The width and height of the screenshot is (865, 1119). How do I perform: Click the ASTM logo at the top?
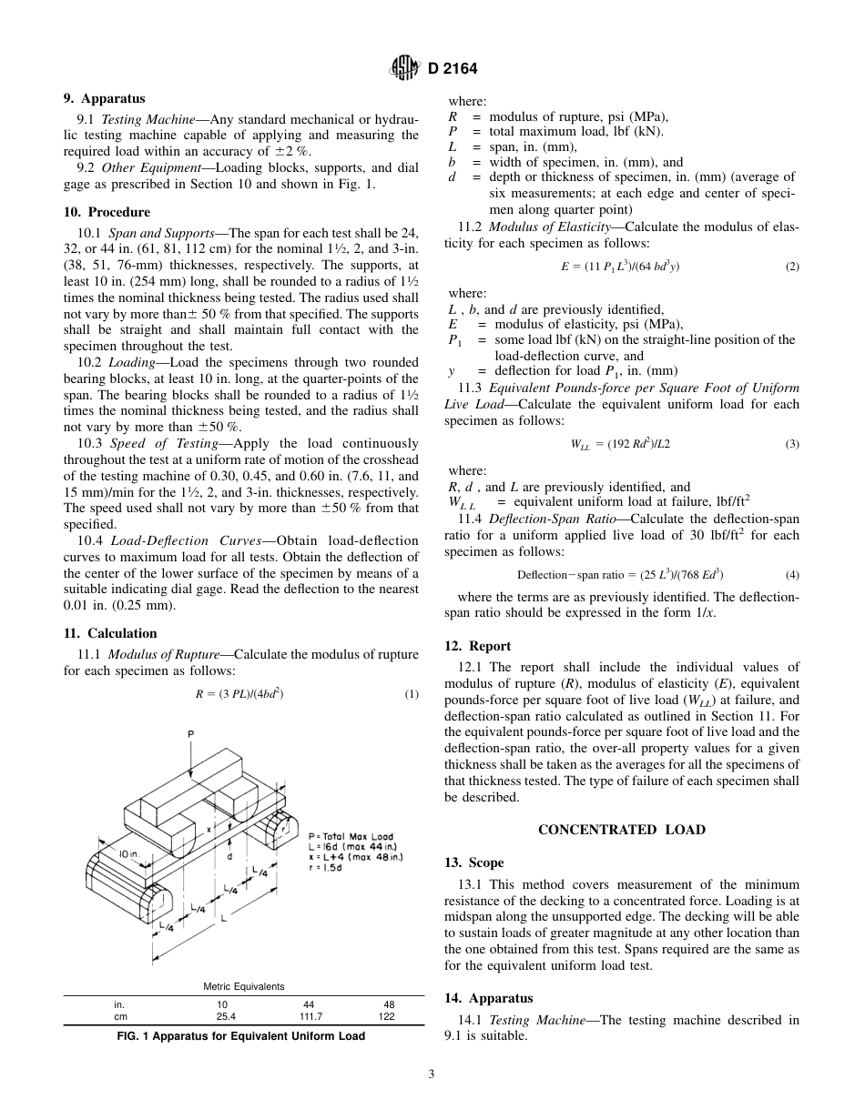point(403,68)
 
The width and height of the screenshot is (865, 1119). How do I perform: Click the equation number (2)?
point(791,267)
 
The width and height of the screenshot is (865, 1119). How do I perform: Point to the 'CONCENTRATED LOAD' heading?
point(621,830)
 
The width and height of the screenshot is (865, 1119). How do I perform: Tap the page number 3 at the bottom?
point(432,1074)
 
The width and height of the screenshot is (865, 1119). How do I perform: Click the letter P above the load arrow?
point(190,733)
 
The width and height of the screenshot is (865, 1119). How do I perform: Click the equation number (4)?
point(791,575)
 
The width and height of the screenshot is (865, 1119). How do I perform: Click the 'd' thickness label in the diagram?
point(229,857)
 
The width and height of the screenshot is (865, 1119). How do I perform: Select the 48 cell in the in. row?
point(386,1004)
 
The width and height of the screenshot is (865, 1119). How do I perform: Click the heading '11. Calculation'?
point(110,633)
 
